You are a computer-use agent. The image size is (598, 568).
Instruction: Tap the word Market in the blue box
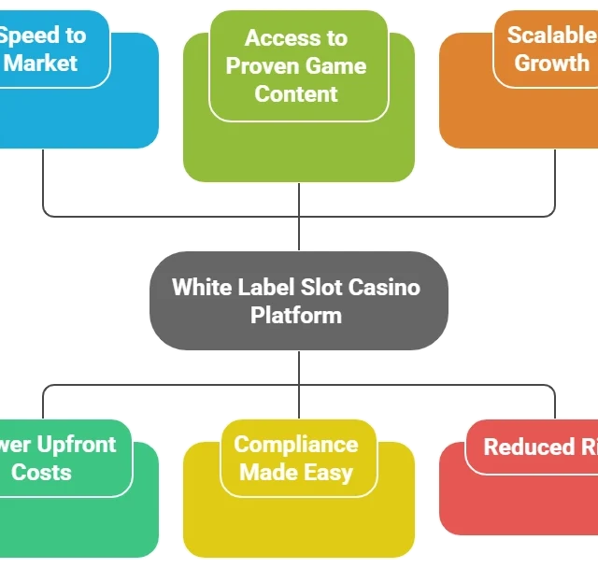point(41,64)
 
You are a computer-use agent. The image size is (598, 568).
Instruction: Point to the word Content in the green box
point(296,93)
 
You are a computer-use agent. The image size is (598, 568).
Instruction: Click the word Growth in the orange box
point(552,64)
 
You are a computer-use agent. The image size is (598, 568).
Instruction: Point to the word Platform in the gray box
point(296,315)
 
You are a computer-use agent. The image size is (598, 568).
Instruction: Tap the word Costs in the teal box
point(41,472)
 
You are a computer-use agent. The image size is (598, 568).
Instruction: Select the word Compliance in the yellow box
point(295,445)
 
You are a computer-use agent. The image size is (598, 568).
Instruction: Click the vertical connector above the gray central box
point(298,231)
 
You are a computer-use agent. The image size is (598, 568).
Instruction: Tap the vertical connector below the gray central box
point(298,370)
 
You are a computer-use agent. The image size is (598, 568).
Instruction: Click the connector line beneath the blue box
point(42,182)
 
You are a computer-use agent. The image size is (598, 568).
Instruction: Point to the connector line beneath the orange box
point(557,182)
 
